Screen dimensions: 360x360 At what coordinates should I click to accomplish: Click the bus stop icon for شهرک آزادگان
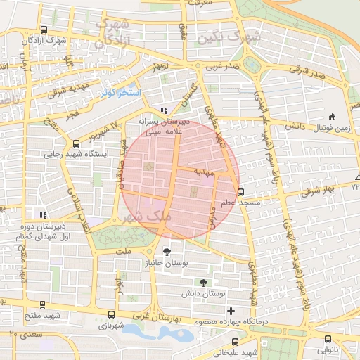(x=44, y=30)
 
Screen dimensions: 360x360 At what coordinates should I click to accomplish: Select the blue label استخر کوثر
(x=121, y=93)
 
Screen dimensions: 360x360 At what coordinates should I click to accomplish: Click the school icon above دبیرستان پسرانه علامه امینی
(x=164, y=110)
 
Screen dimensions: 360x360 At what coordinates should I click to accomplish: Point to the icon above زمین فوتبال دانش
(x=332, y=117)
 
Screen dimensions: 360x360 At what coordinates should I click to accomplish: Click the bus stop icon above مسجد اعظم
(x=241, y=191)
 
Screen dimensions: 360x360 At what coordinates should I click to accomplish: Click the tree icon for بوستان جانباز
(x=167, y=251)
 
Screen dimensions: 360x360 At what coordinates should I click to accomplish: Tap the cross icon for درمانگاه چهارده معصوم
(x=231, y=311)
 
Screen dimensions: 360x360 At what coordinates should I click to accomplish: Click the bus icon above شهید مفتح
(x=44, y=304)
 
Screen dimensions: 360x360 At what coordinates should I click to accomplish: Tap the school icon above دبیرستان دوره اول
(x=44, y=215)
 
